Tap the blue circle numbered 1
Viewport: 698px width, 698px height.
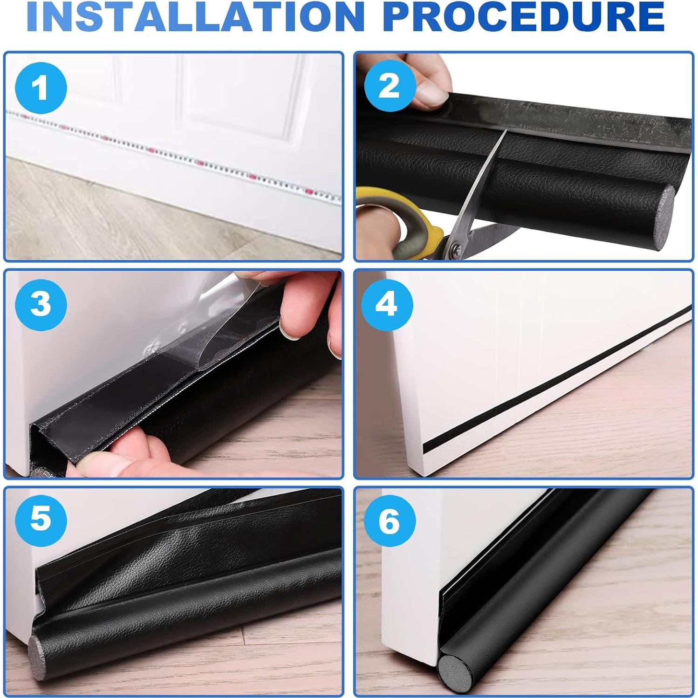[x=41, y=88]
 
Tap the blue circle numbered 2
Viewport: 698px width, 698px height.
[x=389, y=86]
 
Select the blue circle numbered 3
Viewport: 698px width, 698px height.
[x=41, y=305]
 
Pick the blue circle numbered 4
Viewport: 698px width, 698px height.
[x=387, y=304]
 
